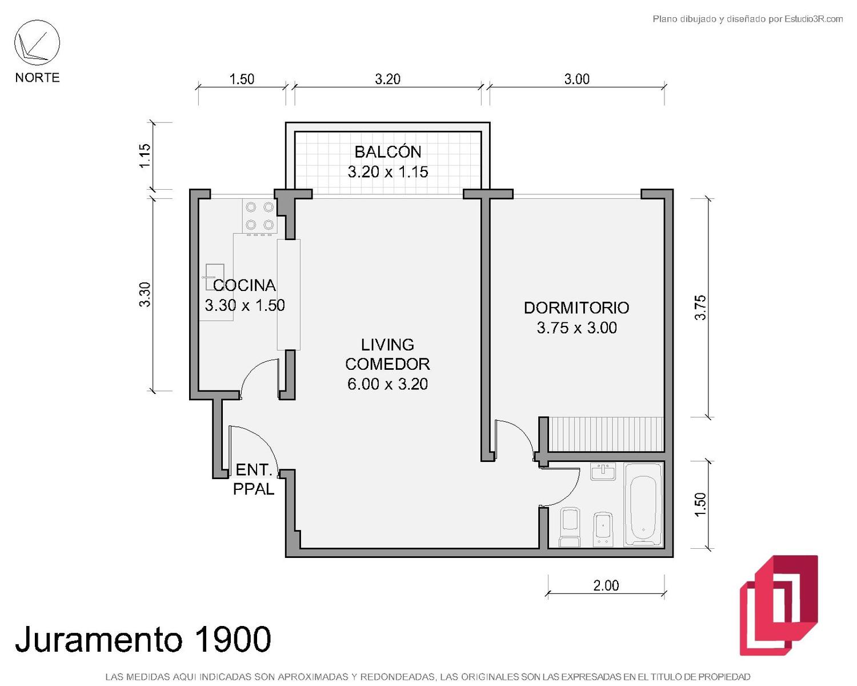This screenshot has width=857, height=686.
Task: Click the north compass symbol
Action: pyautogui.click(x=37, y=43)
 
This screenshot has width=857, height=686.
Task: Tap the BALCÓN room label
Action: pyautogui.click(x=387, y=152)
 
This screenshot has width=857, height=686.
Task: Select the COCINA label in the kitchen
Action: pyautogui.click(x=244, y=285)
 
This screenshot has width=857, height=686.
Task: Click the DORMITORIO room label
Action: pyautogui.click(x=576, y=308)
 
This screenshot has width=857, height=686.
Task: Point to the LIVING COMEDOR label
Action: pyautogui.click(x=387, y=354)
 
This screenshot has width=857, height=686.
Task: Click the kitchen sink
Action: pyautogui.click(x=215, y=277)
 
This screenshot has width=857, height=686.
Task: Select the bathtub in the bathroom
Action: pyautogui.click(x=643, y=504)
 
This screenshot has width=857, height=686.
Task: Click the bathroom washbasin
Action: pyautogui.click(x=603, y=472)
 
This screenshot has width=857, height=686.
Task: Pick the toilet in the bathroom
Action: pyautogui.click(x=570, y=527)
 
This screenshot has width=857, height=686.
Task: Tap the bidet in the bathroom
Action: pyautogui.click(x=603, y=529)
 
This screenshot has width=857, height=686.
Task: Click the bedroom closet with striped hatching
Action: pyautogui.click(x=606, y=434)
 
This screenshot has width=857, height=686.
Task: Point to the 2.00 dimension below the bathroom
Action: pyautogui.click(x=606, y=585)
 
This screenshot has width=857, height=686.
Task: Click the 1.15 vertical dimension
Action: pyautogui.click(x=145, y=155)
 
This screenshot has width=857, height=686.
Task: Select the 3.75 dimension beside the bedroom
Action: pyautogui.click(x=700, y=308)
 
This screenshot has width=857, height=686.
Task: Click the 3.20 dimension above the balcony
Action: pyautogui.click(x=387, y=79)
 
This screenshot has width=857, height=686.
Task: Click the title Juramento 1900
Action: pyautogui.click(x=143, y=639)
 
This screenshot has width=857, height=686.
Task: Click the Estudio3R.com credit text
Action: pyautogui.click(x=747, y=19)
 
